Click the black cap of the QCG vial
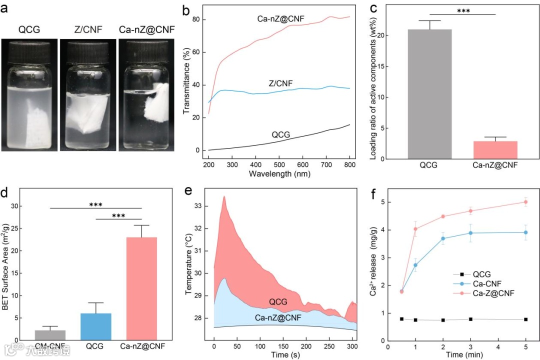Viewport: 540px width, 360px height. coord(29,52)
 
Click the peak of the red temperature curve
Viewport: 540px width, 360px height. coord(224,196)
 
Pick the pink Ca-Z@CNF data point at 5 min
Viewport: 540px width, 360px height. coord(525,202)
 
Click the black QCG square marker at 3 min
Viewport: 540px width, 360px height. coord(470,319)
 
